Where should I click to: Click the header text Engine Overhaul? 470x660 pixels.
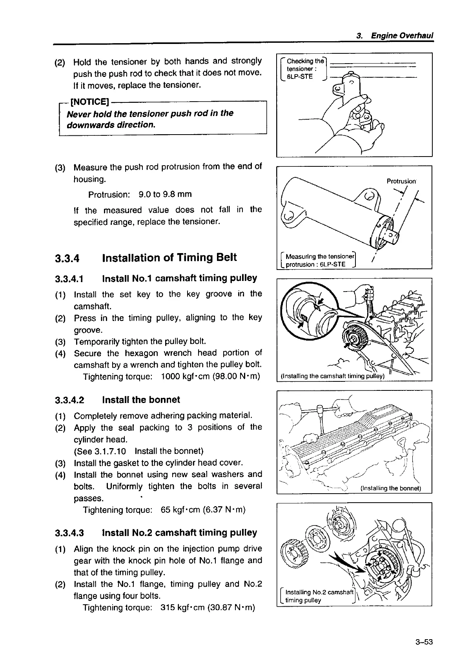(402, 36)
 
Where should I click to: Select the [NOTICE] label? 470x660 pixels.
(89, 102)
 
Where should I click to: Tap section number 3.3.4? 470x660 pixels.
(67, 258)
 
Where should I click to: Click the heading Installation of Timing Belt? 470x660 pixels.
(169, 257)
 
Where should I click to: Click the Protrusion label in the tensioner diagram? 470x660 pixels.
(401, 181)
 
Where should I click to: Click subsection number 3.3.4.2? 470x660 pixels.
(70, 400)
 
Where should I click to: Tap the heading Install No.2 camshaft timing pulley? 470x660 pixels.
(179, 532)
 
